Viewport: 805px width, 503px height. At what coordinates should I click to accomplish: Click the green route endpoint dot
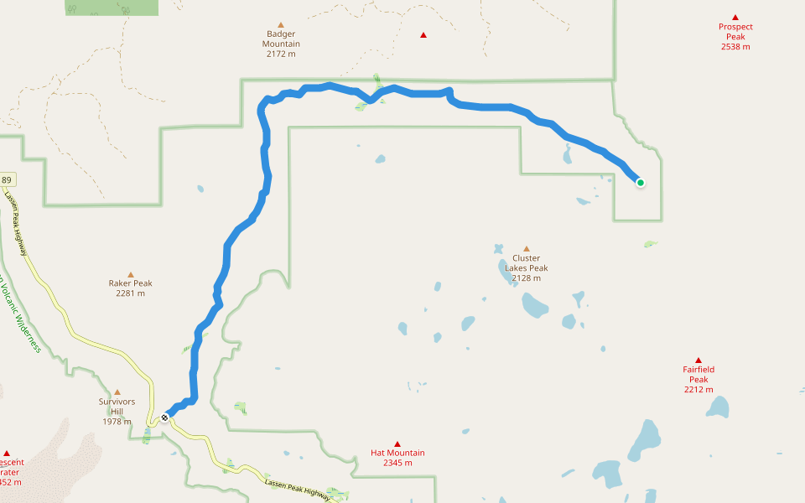pos(640,182)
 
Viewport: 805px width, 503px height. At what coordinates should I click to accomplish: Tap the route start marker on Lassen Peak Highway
pos(165,417)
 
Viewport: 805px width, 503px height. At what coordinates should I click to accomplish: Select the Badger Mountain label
pos(281,39)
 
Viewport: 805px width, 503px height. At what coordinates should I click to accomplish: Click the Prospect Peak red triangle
pos(735,17)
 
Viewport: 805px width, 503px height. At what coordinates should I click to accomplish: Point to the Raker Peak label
pos(131,283)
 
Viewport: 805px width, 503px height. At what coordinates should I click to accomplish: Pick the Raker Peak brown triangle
pos(131,274)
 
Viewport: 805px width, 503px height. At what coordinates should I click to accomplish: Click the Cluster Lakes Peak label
pos(527,263)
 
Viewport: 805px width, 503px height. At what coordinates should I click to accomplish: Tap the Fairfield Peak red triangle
pos(698,360)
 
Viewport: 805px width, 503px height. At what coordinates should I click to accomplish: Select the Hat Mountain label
pos(397,453)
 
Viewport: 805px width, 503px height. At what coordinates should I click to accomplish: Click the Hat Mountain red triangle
pos(397,444)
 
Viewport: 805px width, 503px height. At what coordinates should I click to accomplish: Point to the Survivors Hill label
pos(117,407)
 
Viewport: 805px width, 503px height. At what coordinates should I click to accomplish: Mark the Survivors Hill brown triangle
pos(117,392)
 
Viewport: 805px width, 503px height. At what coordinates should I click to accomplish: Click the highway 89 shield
pos(7,180)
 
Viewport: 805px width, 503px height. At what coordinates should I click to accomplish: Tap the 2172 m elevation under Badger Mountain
pos(281,54)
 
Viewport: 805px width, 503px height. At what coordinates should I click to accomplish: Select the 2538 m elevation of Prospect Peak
pos(735,46)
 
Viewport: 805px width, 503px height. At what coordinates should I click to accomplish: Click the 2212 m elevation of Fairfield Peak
pos(698,389)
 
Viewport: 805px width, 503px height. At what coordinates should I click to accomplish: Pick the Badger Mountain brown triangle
pos(281,25)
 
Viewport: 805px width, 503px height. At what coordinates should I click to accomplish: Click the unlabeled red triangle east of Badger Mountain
pos(423,35)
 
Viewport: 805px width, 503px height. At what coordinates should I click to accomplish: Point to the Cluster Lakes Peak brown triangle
pos(527,248)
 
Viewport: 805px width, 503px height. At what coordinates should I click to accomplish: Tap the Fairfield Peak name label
pos(698,374)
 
